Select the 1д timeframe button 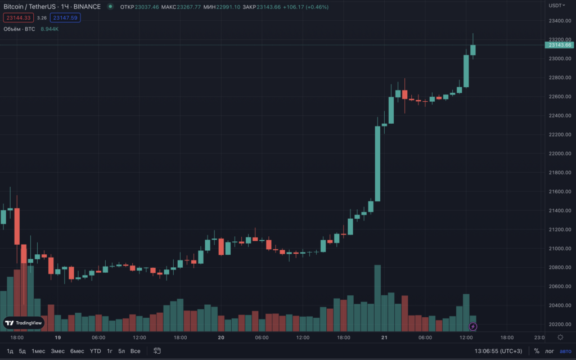click(10, 351)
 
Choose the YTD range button click(96, 351)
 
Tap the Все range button click(135, 351)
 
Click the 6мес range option click(77, 351)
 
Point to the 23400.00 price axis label click(560, 21)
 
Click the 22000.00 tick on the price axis click(560, 154)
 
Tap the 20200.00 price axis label click(560, 325)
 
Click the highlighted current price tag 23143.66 click(560, 45)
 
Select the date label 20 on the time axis click(221, 337)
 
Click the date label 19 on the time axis click(57, 337)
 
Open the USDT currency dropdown click(557, 6)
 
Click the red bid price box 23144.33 click(18, 18)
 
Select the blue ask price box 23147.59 click(65, 18)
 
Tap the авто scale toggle click(565, 351)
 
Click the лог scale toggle click(550, 351)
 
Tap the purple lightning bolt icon click(473, 326)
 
